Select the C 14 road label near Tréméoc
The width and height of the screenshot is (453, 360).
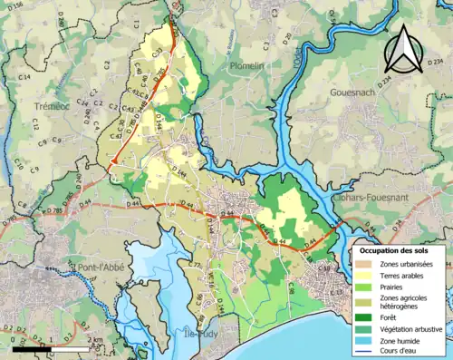(24, 79)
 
